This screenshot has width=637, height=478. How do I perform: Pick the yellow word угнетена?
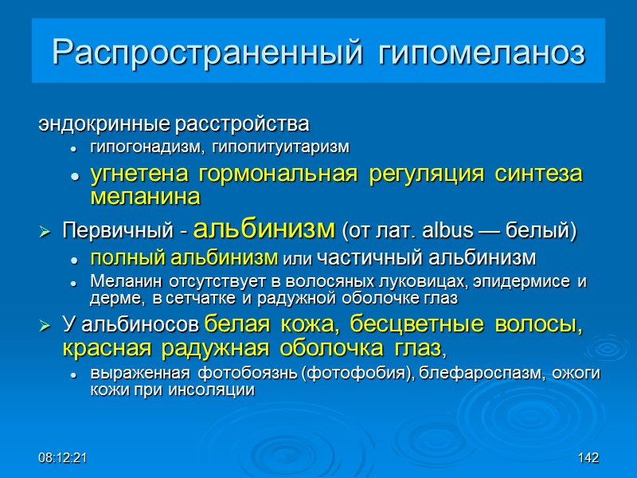127,174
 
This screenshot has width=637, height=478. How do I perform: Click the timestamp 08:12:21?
63,458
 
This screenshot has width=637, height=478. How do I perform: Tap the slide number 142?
588,458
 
